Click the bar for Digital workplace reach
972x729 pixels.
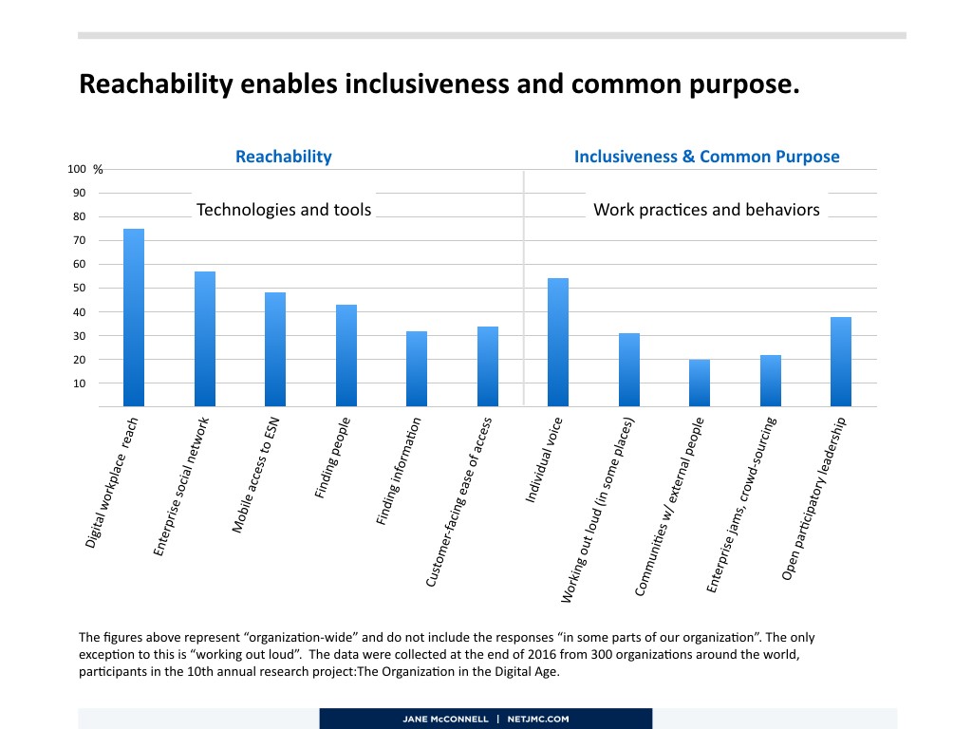(134, 318)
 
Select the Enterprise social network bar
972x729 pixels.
(205, 339)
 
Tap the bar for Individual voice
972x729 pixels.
(558, 343)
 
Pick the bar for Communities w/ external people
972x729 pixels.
(700, 383)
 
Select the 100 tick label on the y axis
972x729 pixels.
(76, 169)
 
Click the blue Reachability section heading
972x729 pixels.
(284, 157)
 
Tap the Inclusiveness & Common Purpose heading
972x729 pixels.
(706, 157)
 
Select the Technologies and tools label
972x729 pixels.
(284, 210)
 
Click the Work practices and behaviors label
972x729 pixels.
(706, 210)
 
